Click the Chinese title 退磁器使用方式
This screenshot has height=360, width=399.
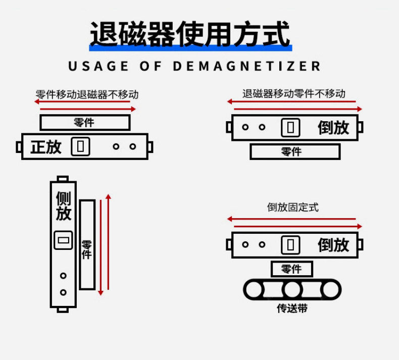pos(190,34)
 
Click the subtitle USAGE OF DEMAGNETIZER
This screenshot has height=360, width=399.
pos(194,66)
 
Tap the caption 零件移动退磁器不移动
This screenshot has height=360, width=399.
pos(87,94)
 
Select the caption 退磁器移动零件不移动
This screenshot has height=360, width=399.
pos(293,93)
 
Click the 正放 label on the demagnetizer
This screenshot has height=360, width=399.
pos(46,147)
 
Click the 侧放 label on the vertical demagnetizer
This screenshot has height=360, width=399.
pos(63,206)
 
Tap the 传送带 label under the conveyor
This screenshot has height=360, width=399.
pos(292,308)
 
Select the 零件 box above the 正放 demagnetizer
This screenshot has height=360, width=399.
pos(85,123)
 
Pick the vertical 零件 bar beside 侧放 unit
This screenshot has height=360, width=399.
pos(87,244)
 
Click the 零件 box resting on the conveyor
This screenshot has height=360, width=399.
pos(291,269)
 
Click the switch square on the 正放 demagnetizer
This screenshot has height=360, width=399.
pos(80,146)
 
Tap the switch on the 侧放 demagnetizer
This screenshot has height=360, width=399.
pos(63,240)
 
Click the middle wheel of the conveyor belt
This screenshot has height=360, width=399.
pos(292,290)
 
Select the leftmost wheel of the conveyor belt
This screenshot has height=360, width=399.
pos(254,290)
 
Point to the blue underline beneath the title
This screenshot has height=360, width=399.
pos(190,48)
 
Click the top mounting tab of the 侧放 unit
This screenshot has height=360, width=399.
pos(63,179)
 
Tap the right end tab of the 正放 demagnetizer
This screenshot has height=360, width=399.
pos(150,147)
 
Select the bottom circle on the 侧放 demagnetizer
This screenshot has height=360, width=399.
pos(63,292)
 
